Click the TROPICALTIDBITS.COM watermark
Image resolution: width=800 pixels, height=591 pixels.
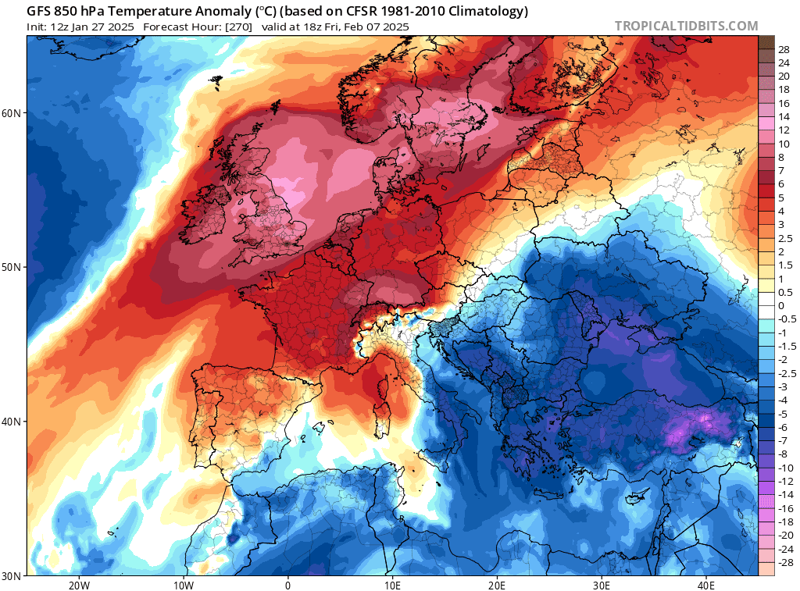[686, 26]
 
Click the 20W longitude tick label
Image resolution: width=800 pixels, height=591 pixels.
[79, 586]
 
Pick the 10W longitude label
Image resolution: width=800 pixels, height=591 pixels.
[184, 586]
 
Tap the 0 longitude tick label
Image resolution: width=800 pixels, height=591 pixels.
[288, 586]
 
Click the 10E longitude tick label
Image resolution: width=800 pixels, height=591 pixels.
[392, 586]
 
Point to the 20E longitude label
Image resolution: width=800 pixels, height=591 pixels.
[497, 586]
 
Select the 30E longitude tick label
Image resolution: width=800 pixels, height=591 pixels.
[602, 586]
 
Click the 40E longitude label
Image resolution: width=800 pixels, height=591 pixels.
[706, 586]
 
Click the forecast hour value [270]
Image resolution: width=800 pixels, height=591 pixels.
[237, 27]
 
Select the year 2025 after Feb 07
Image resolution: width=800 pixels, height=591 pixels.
[395, 27]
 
